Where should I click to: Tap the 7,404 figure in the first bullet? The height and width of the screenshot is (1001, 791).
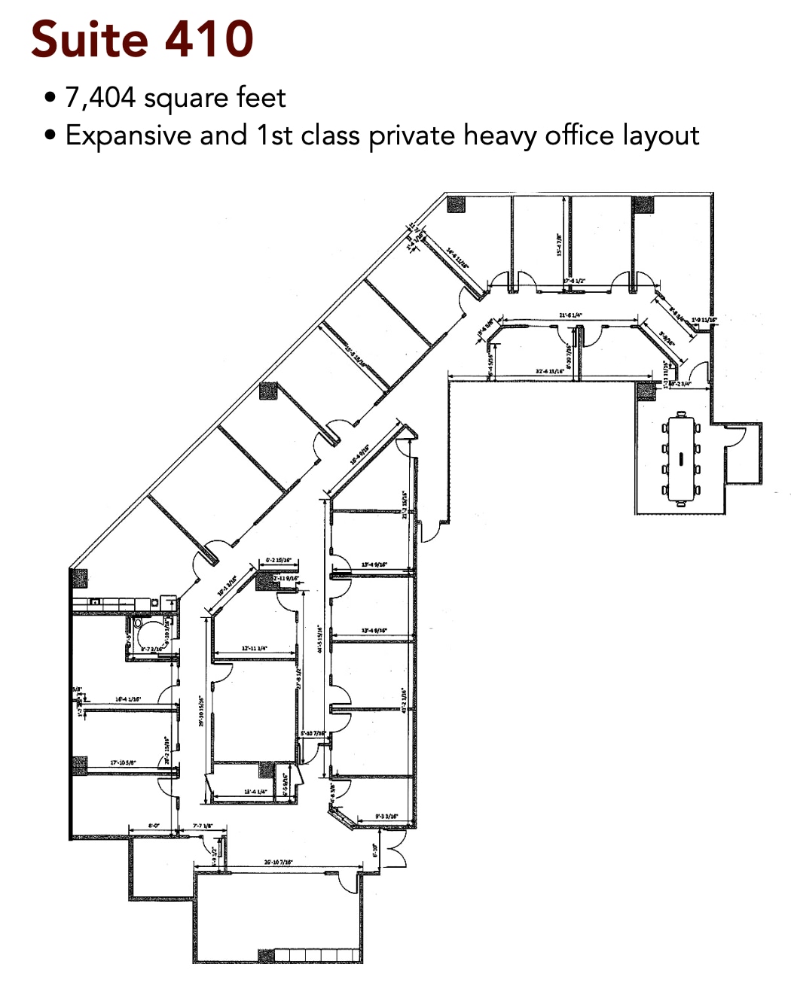pyautogui.click(x=100, y=98)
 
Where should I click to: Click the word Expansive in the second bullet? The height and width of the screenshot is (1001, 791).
pyautogui.click(x=129, y=135)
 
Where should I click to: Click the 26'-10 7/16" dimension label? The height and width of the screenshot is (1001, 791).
pyautogui.click(x=278, y=862)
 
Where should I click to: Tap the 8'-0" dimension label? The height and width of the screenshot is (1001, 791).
pyautogui.click(x=154, y=826)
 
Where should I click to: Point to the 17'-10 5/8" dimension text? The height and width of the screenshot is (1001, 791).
pyautogui.click(x=123, y=762)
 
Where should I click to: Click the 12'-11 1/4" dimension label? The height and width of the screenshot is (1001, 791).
pyautogui.click(x=254, y=648)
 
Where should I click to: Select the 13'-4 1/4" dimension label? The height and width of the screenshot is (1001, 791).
pyautogui.click(x=255, y=792)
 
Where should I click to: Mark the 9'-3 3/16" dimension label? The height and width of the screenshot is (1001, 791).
pyautogui.click(x=386, y=817)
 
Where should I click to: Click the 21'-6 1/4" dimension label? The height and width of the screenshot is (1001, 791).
pyautogui.click(x=570, y=315)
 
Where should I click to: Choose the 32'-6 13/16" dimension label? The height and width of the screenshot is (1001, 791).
pyautogui.click(x=550, y=371)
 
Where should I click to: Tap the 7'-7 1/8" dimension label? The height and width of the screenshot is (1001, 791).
pyautogui.click(x=203, y=826)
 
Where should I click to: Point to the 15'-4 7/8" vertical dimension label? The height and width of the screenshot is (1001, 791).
pyautogui.click(x=559, y=245)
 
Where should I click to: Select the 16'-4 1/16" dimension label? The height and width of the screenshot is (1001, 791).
pyautogui.click(x=128, y=699)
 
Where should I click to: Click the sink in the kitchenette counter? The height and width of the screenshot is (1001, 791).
pyautogui.click(x=96, y=602)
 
